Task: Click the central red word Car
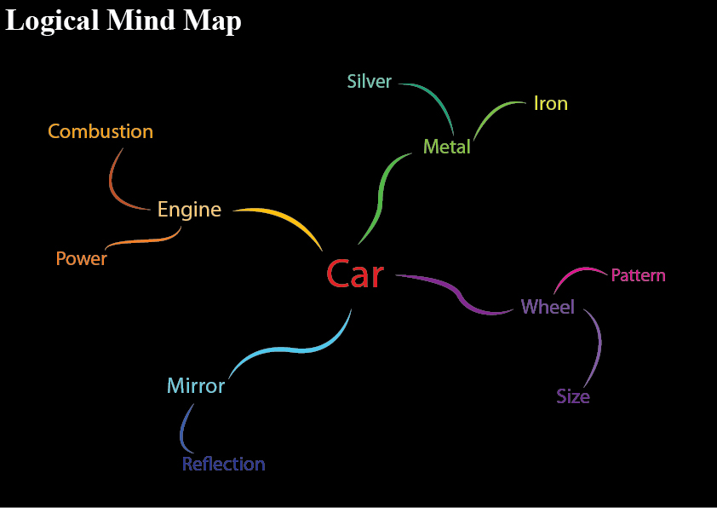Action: [x=355, y=274]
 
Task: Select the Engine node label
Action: [x=189, y=210]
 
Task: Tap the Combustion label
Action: [x=100, y=132]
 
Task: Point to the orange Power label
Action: [x=82, y=259]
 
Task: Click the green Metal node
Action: [x=447, y=147]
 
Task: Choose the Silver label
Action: [x=370, y=82]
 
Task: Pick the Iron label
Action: [x=550, y=104]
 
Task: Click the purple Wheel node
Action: [x=548, y=307]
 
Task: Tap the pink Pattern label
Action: [x=638, y=275]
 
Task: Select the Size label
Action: [x=573, y=397]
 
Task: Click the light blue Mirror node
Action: [x=196, y=386]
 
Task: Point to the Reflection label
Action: [x=224, y=465]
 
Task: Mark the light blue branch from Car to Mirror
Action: [x=290, y=351]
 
